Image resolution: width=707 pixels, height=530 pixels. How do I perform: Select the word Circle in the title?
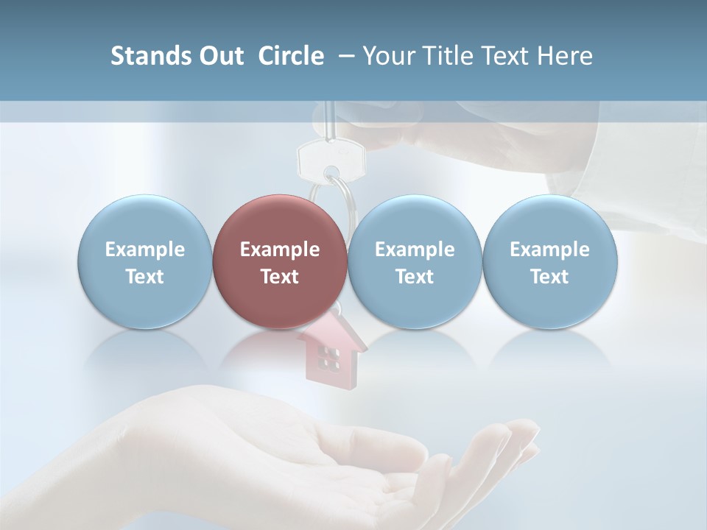point(291,56)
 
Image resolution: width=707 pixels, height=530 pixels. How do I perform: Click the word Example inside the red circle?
point(280,250)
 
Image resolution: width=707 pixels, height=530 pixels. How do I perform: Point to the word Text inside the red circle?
point(280,277)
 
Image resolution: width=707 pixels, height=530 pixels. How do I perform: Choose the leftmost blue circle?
point(144,261)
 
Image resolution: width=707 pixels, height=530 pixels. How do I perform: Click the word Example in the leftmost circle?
point(144,250)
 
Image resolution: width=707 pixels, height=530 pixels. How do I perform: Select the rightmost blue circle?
point(549,261)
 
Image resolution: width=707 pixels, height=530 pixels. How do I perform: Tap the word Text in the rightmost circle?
point(549,277)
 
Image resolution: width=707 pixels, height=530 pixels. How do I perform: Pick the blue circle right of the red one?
point(415,261)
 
